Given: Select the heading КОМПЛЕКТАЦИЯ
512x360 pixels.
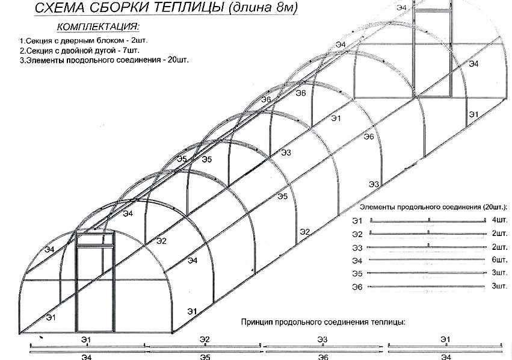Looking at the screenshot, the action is click(98, 26).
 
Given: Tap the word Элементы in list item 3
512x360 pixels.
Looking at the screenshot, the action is click(45, 60).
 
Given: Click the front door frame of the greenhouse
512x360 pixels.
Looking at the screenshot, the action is click(95, 282).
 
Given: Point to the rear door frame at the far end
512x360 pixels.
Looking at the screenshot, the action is click(433, 49).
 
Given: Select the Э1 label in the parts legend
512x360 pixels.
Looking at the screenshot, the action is click(357, 221).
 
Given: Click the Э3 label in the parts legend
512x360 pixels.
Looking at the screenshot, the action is click(357, 248).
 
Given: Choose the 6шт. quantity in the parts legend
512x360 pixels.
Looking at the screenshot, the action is click(499, 259).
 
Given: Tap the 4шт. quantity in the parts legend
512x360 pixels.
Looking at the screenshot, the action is click(499, 220).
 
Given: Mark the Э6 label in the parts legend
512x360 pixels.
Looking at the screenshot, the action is click(357, 287).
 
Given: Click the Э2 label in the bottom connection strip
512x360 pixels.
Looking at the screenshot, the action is click(205, 340).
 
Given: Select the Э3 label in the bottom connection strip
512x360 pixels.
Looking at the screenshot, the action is click(322, 340).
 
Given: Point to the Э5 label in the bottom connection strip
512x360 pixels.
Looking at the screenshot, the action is click(205, 357).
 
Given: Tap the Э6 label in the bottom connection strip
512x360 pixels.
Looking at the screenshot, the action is click(322, 357).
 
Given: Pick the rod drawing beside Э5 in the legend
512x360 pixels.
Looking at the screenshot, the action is click(427, 273).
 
